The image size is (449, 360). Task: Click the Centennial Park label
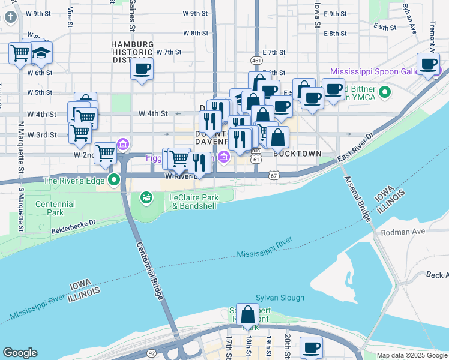pos(55,208)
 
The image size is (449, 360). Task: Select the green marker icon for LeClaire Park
pos(146,197)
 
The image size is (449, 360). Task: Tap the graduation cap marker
pos(41,53)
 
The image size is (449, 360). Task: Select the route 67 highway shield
pos(274,175)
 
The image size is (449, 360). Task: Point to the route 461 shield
pos(256,61)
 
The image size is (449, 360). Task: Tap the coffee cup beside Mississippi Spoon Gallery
pos(429,64)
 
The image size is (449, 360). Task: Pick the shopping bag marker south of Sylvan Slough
pos(247,314)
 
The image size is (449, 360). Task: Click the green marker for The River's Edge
pos(115,180)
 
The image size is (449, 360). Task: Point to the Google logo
pos(20,353)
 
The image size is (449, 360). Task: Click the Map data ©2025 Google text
pos(411,355)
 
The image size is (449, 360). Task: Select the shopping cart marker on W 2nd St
pos(106,154)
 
